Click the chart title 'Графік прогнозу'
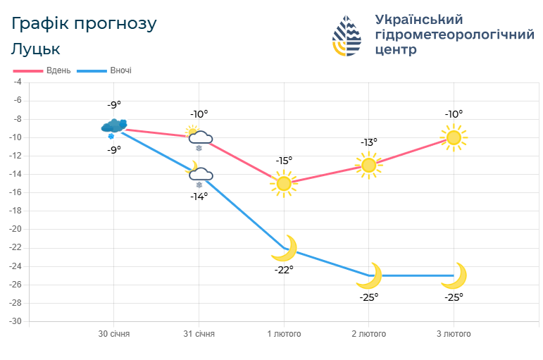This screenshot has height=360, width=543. [x=84, y=23]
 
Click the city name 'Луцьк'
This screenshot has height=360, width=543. [x=35, y=49]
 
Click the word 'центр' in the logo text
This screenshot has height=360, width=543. [x=397, y=50]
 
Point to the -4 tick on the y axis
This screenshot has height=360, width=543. [x=18, y=82]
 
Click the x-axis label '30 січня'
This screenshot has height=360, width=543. [x=113, y=334]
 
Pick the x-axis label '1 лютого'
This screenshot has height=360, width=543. [x=284, y=334]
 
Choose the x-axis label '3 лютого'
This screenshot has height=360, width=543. [x=454, y=334]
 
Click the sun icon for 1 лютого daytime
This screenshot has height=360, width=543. [x=284, y=184]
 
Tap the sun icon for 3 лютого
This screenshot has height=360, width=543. [x=454, y=137]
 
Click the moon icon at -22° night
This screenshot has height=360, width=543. [x=285, y=248]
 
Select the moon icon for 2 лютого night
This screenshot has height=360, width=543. [x=369, y=275]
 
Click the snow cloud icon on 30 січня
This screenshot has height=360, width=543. [x=113, y=127]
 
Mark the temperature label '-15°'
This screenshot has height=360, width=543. [x=284, y=161]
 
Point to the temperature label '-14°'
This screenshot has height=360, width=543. [x=199, y=197]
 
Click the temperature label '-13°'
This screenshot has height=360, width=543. [x=369, y=142]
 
